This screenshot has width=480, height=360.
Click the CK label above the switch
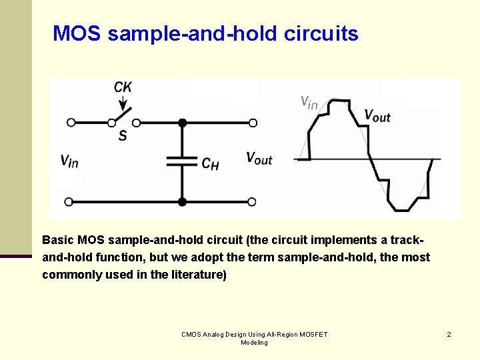coord(123,87)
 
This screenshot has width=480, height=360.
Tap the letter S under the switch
coord(123,136)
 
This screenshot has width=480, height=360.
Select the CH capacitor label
coord(210,163)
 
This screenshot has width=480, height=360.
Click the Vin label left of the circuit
coord(69,161)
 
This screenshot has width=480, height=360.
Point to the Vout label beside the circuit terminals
coord(259,158)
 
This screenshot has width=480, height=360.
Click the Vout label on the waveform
coord(377,115)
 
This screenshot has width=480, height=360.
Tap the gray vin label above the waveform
coord(309,102)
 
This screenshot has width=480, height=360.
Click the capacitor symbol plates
coord(181,161)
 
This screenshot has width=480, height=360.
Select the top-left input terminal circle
coord(71,123)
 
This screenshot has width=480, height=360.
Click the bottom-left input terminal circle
coord(71,201)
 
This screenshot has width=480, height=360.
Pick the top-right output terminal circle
coord(253,123)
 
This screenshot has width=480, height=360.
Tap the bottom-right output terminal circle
coord(253,201)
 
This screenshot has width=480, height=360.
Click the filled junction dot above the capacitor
coord(181,123)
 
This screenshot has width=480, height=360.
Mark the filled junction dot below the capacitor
coord(181,201)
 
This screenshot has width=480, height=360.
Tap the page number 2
coord(449,334)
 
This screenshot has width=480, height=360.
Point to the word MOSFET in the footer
coord(311,334)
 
